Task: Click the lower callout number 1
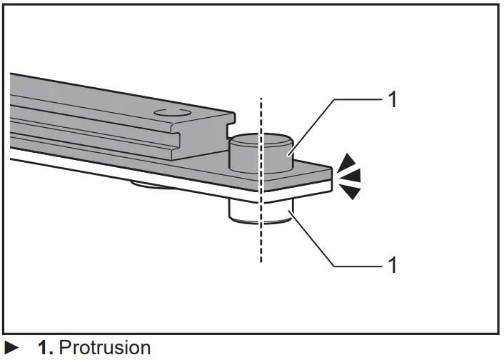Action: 390,265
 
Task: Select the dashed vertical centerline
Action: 261,243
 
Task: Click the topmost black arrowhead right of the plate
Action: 347,160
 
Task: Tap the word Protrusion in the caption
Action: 105,349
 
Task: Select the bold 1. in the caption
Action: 46,349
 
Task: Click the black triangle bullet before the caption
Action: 12,349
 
